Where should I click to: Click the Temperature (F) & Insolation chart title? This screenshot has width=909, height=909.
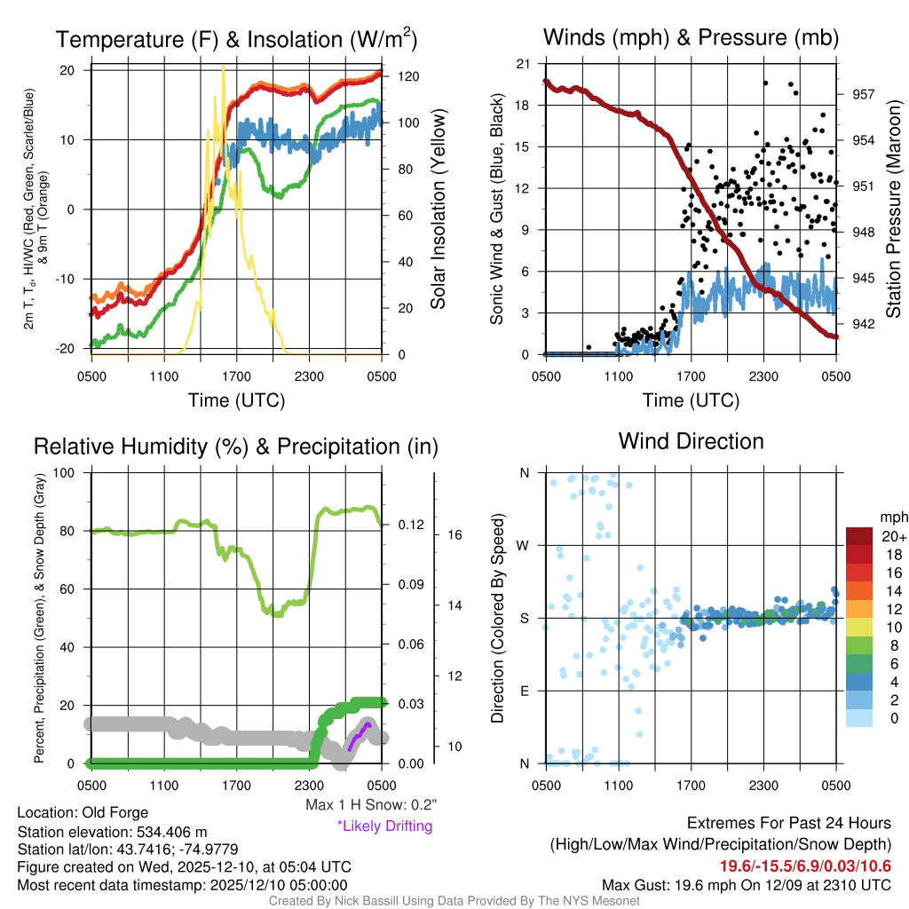(236, 39)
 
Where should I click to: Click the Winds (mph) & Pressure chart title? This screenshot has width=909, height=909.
(691, 37)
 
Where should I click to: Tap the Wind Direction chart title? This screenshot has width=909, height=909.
(691, 441)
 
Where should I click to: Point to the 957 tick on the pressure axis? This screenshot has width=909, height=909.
(865, 94)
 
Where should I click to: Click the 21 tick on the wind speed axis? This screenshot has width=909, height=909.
(523, 64)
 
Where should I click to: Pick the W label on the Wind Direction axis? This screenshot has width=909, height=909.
(524, 545)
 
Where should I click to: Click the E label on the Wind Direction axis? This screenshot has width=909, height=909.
(524, 691)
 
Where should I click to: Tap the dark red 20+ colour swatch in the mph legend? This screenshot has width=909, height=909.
(861, 537)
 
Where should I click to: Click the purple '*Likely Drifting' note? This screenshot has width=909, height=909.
(384, 826)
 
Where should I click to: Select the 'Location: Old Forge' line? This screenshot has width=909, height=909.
(83, 812)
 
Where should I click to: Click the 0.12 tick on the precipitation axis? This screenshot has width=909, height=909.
(407, 525)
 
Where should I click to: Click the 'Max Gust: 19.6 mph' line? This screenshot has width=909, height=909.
(746, 884)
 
